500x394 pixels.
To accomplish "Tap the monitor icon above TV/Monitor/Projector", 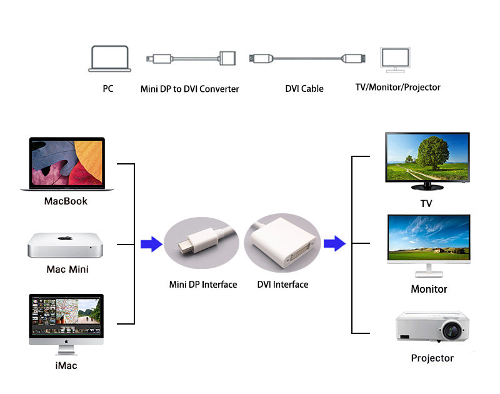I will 396,60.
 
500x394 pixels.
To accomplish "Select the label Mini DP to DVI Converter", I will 189,89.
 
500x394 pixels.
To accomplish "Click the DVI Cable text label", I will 304,89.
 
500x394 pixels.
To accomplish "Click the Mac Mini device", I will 64,246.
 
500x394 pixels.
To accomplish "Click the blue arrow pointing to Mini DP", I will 151,244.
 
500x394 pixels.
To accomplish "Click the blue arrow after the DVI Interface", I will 334,244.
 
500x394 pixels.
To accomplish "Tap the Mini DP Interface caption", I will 203,285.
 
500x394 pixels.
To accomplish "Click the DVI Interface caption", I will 282,285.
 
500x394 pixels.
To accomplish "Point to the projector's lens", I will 452,328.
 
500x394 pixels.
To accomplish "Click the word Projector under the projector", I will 432,358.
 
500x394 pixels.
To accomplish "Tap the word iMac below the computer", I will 66,365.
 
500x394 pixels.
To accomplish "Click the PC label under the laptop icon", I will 108,89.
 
